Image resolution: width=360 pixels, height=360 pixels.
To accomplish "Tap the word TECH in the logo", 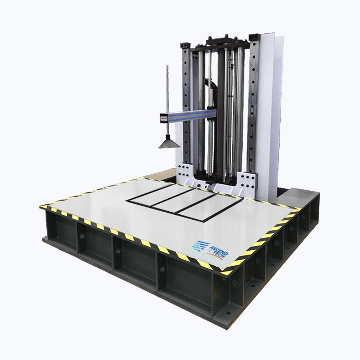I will pyautogui.click(x=220, y=255).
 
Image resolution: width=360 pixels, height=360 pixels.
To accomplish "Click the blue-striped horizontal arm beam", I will pyautogui.click(x=190, y=115).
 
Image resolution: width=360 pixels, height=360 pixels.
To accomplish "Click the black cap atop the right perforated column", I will pyautogui.click(x=253, y=37).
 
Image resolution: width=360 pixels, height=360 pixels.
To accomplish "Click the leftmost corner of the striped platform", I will pyautogui.click(x=41, y=207).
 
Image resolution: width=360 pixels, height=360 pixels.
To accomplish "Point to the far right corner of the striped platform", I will pyautogui.click(x=300, y=208).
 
